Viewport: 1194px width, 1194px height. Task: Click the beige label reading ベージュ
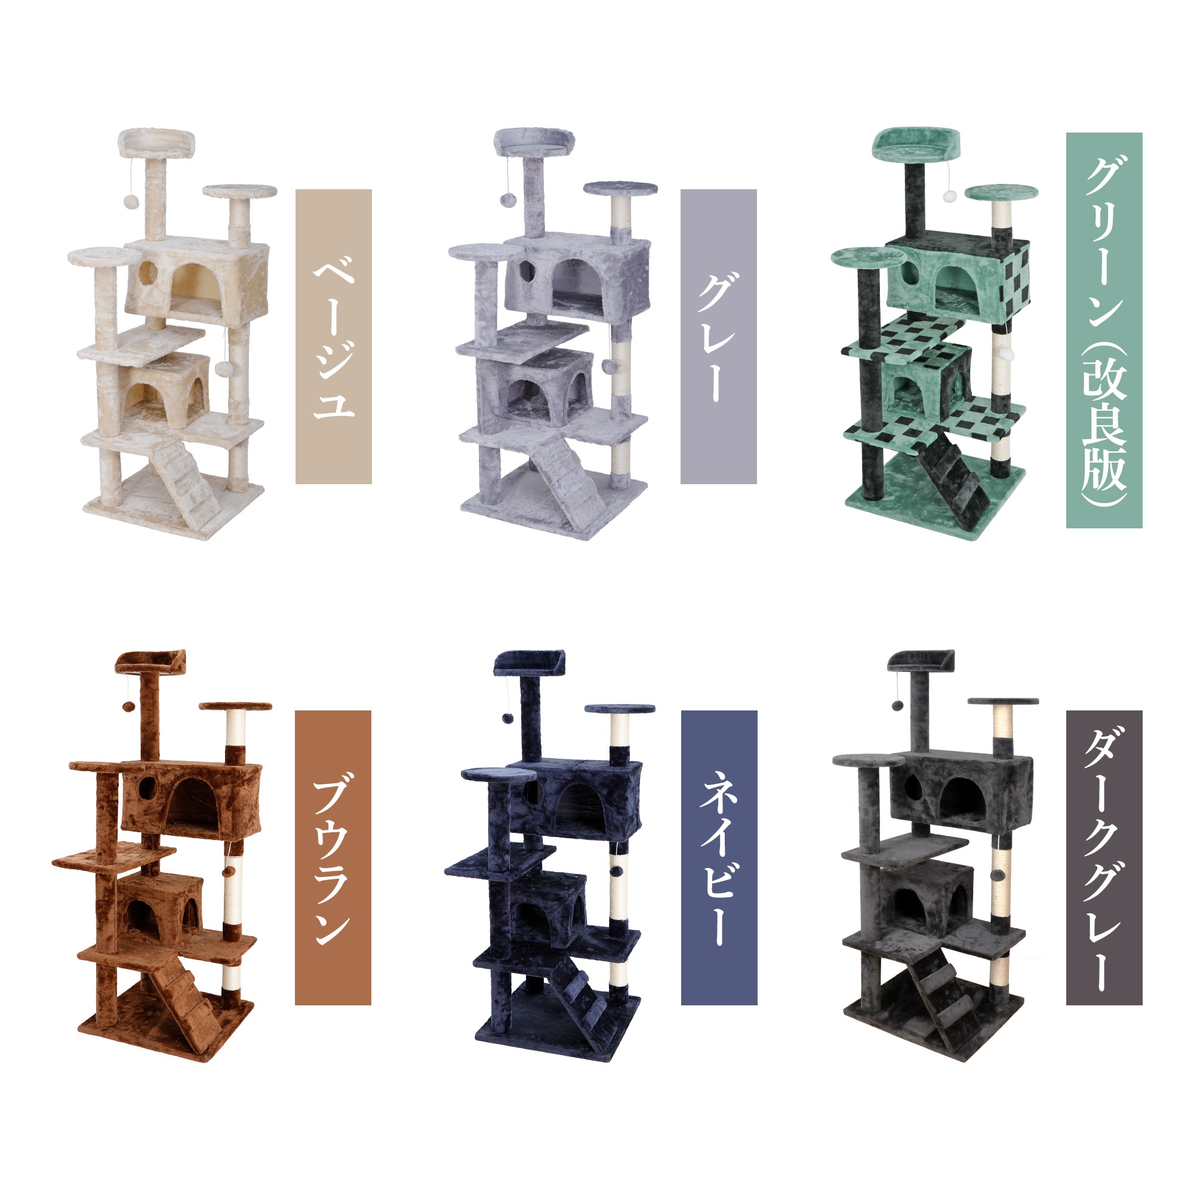(333, 336)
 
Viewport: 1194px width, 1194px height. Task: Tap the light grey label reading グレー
(718, 336)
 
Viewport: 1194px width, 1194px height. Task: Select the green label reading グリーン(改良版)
(1104, 330)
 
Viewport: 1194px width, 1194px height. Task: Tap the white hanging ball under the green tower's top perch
(949, 196)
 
